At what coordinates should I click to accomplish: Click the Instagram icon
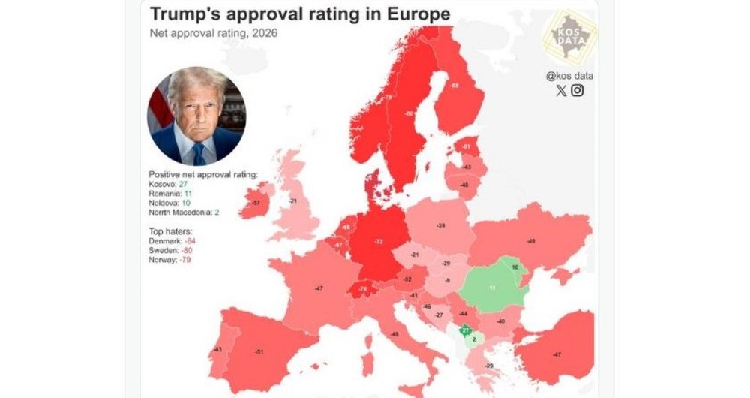pos(577,91)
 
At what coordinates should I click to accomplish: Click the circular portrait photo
pos(196,116)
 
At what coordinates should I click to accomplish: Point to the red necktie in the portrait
pos(198,153)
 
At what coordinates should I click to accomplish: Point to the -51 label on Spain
pos(259,351)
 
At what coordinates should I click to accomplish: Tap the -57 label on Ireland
pos(256,203)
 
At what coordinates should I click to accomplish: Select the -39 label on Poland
pos(441,226)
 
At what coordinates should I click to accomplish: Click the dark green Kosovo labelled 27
pos(465,330)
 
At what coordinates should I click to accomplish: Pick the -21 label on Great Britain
pos(294,201)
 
